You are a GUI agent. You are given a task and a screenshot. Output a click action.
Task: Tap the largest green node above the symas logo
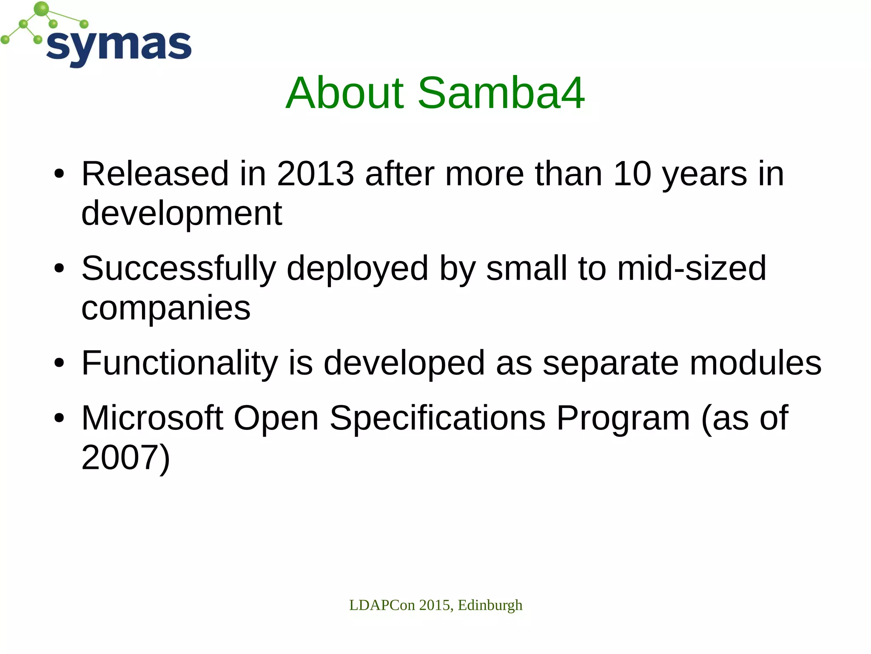click(x=41, y=9)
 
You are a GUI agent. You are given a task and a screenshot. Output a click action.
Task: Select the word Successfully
click(x=179, y=269)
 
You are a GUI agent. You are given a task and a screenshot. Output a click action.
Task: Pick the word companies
click(x=166, y=308)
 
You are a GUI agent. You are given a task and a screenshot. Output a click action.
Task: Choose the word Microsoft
click(x=152, y=418)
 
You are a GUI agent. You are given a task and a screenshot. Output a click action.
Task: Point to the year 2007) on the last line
click(x=125, y=457)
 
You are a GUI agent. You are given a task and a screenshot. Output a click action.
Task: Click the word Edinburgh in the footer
click(x=490, y=605)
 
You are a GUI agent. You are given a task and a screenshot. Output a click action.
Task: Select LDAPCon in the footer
click(x=381, y=605)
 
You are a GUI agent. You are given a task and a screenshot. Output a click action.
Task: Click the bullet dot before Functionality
click(x=59, y=363)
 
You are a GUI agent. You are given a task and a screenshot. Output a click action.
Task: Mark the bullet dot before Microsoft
click(x=59, y=418)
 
